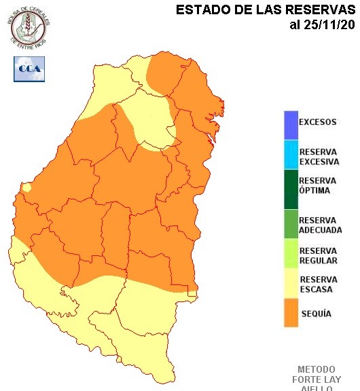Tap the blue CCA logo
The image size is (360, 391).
[x=29, y=69]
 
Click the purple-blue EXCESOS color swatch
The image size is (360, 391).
[x=291, y=124]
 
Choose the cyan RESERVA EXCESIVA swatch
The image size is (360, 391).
[x=291, y=157]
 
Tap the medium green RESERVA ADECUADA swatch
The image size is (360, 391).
[x=291, y=225]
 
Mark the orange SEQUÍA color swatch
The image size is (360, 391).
[x=291, y=314]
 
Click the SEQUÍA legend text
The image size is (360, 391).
[x=316, y=314]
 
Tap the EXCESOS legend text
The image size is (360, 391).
[x=318, y=123]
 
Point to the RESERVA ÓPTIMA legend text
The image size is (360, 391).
[x=318, y=185]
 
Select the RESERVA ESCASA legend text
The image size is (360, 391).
[x=319, y=284]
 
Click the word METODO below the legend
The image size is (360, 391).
[x=316, y=369]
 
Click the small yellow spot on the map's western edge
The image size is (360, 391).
[x=26, y=187]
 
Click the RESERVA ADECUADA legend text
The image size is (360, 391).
[x=320, y=225]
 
